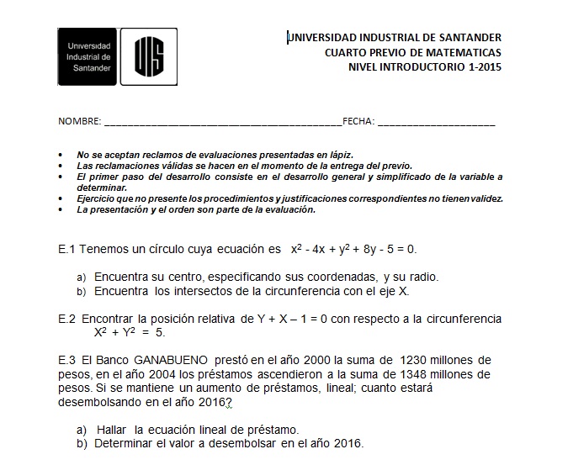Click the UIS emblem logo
pos(148,56)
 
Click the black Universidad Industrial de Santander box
pos(88,56)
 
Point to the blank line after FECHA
pos(437,124)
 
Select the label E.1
pos(67,250)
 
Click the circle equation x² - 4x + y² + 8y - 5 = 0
pos(353,250)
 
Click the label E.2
pos(67,319)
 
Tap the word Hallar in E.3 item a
pos(114,429)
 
